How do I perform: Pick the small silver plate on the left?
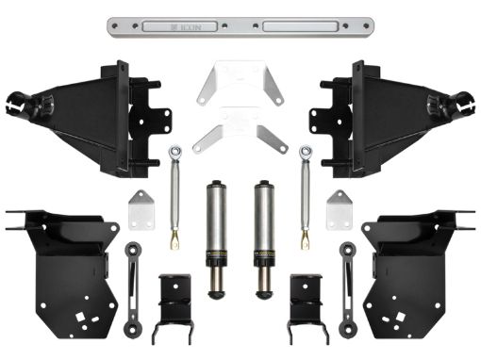click(141, 208)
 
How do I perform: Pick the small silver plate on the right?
click(338, 208)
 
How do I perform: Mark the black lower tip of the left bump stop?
click(215, 281)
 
